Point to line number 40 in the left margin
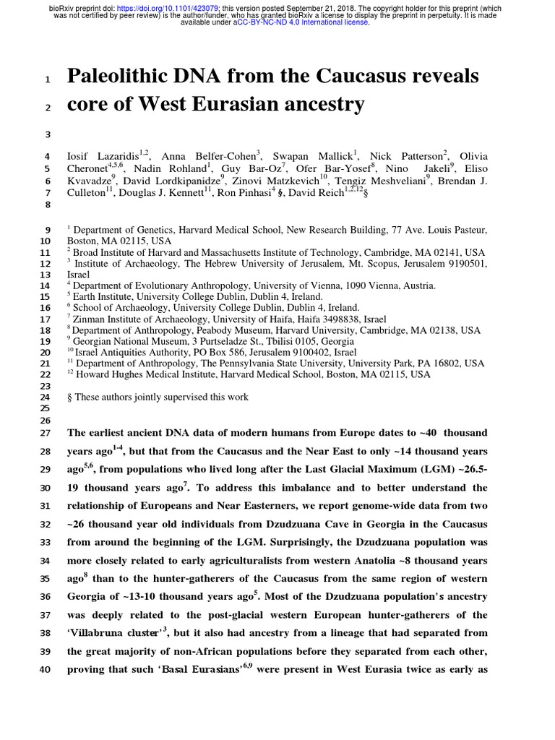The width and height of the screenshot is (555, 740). point(45,669)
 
